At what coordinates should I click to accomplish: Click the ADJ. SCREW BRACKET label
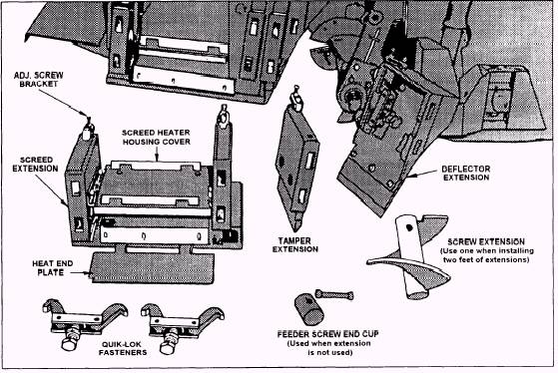39,80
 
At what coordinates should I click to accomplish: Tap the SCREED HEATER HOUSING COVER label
157,138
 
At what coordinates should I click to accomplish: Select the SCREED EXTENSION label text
35,165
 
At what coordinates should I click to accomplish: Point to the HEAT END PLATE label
52,268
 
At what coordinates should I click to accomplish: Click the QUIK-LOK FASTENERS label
123,348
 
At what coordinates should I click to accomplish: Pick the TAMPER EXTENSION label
295,245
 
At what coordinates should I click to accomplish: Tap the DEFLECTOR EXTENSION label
466,174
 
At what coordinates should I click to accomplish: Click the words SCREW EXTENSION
486,242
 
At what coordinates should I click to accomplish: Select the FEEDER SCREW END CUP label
328,334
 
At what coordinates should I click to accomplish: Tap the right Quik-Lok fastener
183,324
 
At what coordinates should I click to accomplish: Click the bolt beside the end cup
334,294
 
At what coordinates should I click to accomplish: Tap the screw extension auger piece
409,256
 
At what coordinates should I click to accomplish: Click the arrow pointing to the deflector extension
423,174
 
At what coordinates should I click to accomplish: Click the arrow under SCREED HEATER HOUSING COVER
157,155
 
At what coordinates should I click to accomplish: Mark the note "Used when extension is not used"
329,348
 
